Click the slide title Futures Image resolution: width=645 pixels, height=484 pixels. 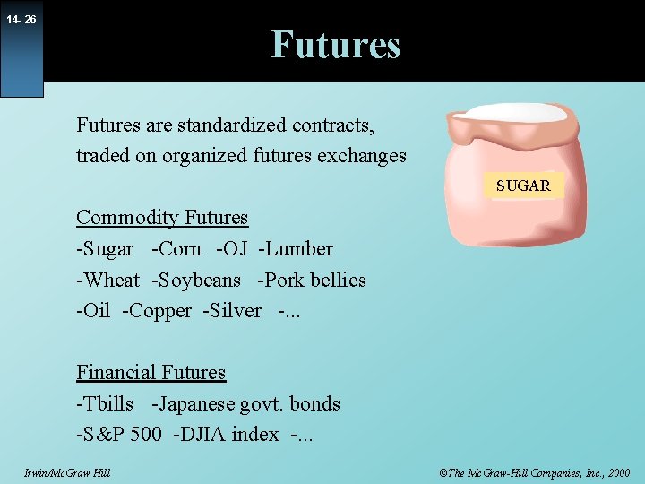coord(335,44)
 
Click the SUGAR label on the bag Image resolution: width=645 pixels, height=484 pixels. coord(523,186)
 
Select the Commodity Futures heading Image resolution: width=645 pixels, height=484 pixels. coord(162,218)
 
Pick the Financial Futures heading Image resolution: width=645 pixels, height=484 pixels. coord(150,373)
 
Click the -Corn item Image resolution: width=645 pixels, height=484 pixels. coord(176,249)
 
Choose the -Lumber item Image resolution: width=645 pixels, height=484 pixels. coord(296,249)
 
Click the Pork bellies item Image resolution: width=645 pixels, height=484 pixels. coord(312,281)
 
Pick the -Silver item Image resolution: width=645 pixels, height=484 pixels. coord(231,311)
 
